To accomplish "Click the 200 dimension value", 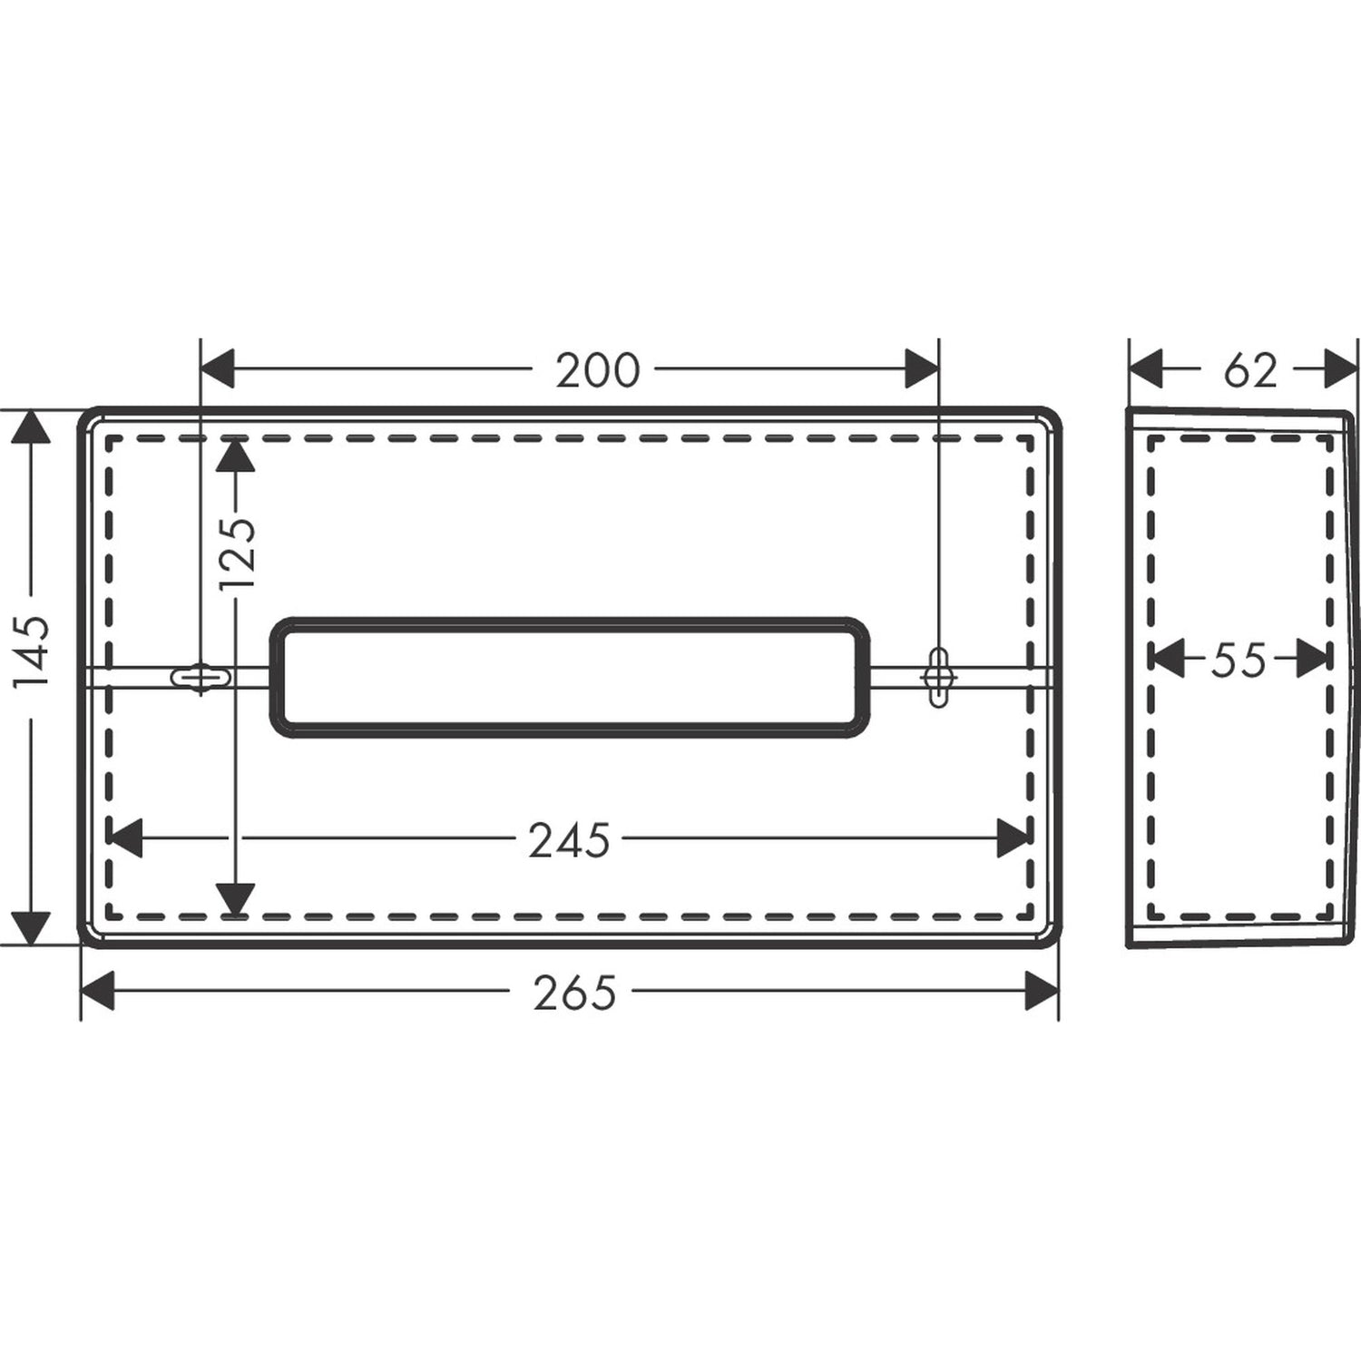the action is point(597,370).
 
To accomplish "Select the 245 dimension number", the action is point(569,840).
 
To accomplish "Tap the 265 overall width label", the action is point(574,992).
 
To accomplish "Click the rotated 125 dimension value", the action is point(238,553).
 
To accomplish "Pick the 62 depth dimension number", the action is point(1249,370).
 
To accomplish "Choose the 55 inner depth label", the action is point(1238,660).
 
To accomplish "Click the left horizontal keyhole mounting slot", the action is point(201,676).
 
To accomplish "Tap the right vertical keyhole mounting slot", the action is point(938,676).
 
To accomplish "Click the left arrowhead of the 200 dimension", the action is point(218,369).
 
